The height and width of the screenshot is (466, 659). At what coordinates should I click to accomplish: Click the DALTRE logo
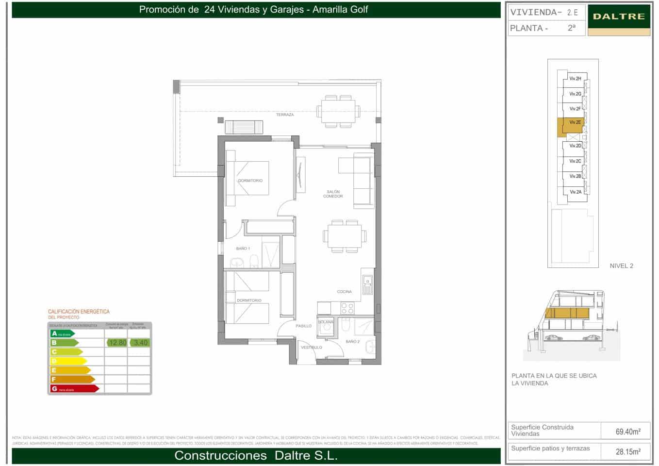[619, 17]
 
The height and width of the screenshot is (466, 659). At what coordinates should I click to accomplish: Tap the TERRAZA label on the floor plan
[285, 115]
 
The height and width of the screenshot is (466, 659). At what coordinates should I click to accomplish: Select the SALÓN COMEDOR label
[333, 194]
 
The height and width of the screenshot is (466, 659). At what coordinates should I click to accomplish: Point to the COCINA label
[344, 292]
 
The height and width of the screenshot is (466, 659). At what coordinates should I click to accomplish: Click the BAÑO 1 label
[243, 249]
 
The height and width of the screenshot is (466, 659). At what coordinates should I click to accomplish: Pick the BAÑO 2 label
[353, 342]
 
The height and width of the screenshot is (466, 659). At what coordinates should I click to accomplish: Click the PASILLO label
[303, 326]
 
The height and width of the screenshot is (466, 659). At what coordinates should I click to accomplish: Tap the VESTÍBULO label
[311, 348]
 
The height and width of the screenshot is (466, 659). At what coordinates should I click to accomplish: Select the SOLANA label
[326, 322]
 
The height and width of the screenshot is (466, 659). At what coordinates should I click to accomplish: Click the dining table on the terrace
[339, 111]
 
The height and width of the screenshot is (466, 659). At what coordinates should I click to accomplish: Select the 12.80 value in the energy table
[117, 343]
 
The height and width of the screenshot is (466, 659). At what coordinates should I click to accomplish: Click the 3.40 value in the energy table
[141, 343]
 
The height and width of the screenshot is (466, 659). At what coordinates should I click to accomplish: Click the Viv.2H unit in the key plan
[575, 79]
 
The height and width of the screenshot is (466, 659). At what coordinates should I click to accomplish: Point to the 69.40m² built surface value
[628, 432]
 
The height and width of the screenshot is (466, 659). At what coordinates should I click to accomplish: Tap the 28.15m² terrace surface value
[628, 452]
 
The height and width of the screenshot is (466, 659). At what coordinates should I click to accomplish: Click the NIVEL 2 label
[621, 266]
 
